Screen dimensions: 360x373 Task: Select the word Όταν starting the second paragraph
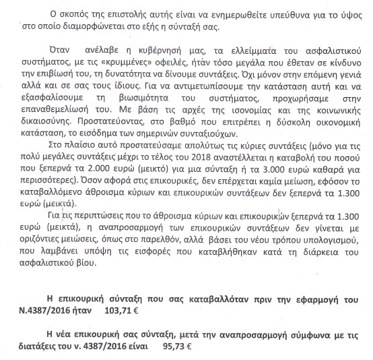click(x=62, y=51)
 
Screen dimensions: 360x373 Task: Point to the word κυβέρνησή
click(x=147, y=51)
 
